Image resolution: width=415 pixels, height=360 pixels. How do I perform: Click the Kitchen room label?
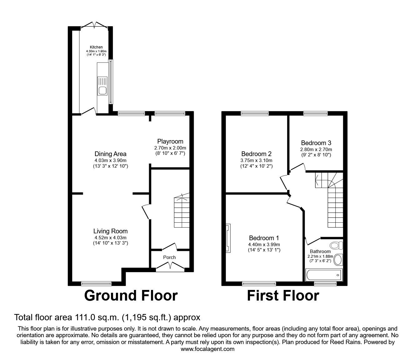(96, 47)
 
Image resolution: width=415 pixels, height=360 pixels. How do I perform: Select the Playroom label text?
(170, 141)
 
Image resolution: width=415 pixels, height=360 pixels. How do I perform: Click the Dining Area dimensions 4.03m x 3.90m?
(110, 160)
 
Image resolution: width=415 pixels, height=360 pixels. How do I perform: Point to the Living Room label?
(110, 231)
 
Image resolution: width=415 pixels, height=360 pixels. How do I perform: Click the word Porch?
(169, 257)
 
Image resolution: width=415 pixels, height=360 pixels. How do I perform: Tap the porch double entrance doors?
(170, 266)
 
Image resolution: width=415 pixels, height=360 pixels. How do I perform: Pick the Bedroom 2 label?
(256, 154)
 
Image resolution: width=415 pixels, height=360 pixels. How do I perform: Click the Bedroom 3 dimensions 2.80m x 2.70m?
(316, 150)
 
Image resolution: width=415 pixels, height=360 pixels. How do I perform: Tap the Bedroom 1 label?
(264, 238)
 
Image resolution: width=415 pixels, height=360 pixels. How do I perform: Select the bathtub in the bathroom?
(324, 275)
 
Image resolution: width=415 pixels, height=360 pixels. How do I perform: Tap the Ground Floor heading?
(131, 296)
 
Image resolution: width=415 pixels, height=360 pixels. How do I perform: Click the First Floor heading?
(283, 296)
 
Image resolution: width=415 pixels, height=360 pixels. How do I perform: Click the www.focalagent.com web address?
(207, 349)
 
